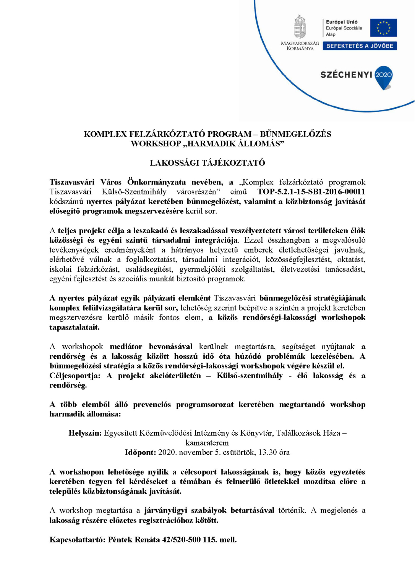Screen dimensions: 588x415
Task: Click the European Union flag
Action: tap(384, 28)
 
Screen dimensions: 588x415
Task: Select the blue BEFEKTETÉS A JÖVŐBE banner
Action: tap(360, 46)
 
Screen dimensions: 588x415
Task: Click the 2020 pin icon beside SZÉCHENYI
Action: tap(384, 77)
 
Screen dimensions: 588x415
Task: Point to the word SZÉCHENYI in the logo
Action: tap(346, 75)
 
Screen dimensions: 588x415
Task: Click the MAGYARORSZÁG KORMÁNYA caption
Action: tap(300, 46)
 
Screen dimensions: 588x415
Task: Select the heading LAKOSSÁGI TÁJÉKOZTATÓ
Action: tap(207, 163)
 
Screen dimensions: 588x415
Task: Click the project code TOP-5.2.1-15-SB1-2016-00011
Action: tap(311, 192)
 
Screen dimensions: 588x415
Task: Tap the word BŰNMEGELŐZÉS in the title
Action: tap(295, 134)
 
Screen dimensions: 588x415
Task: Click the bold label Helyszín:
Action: tap(85, 433)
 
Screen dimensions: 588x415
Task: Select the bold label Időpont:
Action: tap(140, 452)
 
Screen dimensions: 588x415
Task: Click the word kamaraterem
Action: tap(207, 443)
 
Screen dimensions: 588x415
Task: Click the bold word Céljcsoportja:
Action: tap(75, 376)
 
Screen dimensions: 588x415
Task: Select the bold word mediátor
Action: tap(126, 346)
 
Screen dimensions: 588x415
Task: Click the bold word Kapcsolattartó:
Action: tap(78, 540)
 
